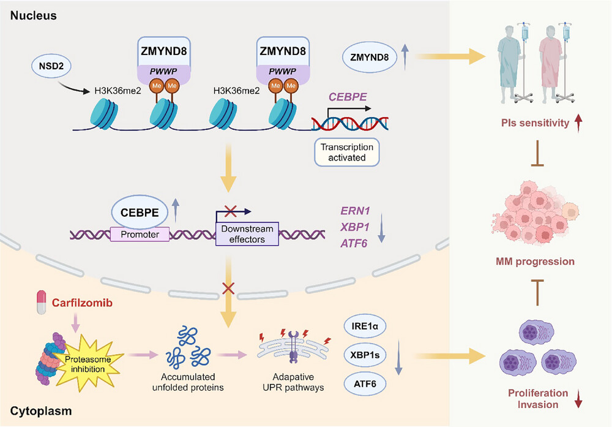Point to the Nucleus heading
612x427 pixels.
coord(33,15)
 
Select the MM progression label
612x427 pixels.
coord(535,262)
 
